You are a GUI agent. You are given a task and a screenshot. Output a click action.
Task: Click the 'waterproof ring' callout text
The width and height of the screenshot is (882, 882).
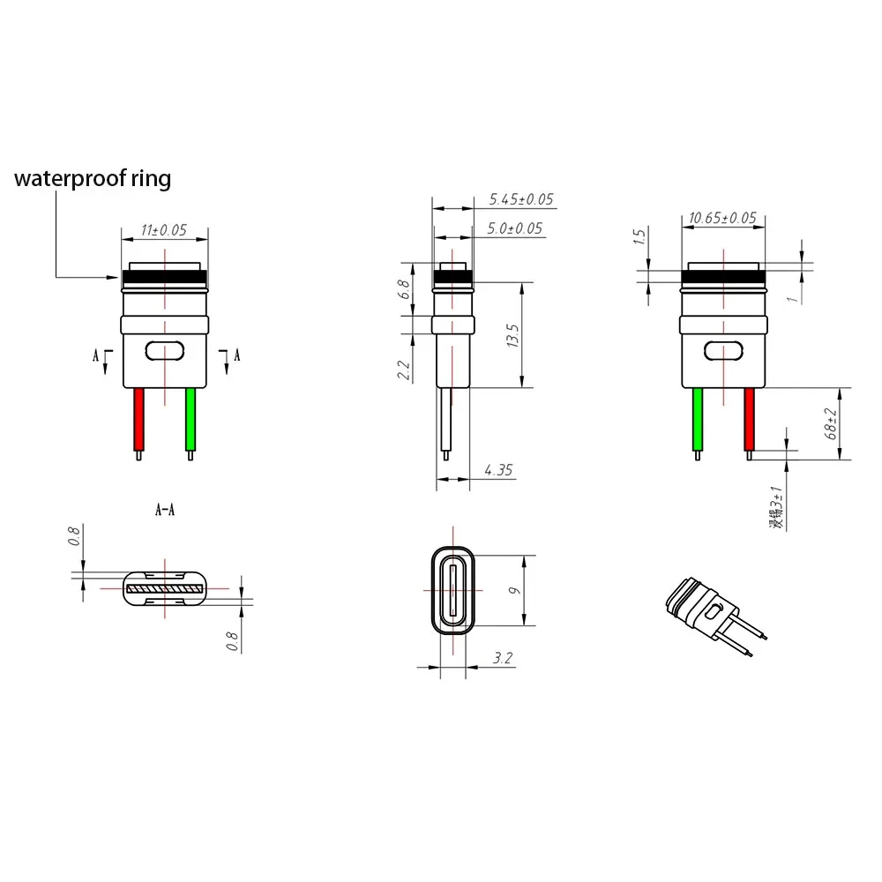tap(92, 179)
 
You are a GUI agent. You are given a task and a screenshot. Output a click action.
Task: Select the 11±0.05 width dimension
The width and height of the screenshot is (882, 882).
tap(164, 231)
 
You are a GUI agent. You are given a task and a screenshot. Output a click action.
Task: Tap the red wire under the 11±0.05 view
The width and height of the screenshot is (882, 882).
tap(138, 420)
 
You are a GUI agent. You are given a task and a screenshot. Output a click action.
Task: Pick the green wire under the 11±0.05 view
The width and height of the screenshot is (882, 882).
tap(190, 420)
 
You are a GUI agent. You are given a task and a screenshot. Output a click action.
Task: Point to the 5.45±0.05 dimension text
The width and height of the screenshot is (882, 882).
tap(520, 199)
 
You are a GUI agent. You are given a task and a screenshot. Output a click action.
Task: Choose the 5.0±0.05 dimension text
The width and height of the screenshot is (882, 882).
tap(515, 228)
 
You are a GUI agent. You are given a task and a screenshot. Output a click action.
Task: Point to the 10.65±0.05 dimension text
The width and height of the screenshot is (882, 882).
tap(722, 218)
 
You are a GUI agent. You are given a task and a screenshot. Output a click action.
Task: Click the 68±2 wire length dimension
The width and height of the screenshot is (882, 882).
tap(831, 423)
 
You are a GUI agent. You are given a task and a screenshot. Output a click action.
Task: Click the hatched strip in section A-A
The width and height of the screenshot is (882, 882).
tap(164, 587)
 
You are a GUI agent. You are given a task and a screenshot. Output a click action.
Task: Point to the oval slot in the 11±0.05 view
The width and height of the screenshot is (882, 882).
tap(164, 350)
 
